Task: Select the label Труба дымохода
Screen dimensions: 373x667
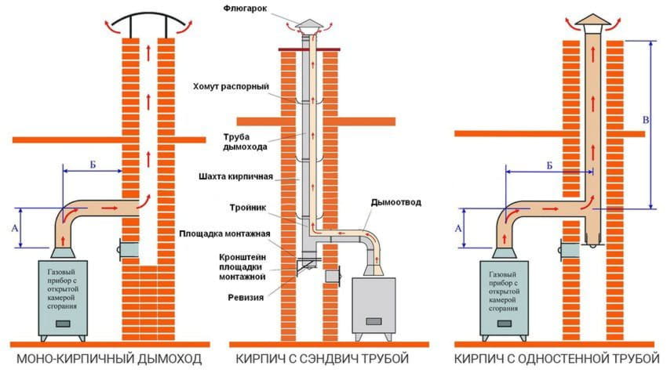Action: click(x=250, y=141)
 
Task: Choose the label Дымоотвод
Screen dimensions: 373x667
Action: click(x=396, y=202)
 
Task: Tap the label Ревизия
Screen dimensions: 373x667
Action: click(x=252, y=297)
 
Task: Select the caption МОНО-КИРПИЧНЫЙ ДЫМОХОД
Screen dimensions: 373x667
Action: click(x=109, y=359)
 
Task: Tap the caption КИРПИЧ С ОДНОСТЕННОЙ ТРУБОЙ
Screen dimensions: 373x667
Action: click(x=554, y=359)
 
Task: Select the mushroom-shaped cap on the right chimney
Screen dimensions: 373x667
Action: click(x=593, y=24)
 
